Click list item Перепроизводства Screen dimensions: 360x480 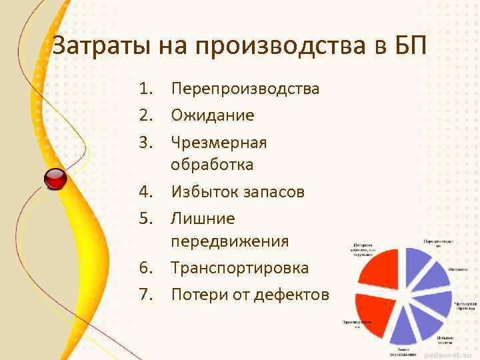245,89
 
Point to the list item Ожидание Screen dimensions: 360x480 213,115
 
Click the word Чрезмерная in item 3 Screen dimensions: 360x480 219,143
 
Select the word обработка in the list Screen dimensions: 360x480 212,164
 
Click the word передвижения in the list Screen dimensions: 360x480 230,241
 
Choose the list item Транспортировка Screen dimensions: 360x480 240,268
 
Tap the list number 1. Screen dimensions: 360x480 146,89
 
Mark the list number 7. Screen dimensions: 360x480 146,294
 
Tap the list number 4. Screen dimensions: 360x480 146,192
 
